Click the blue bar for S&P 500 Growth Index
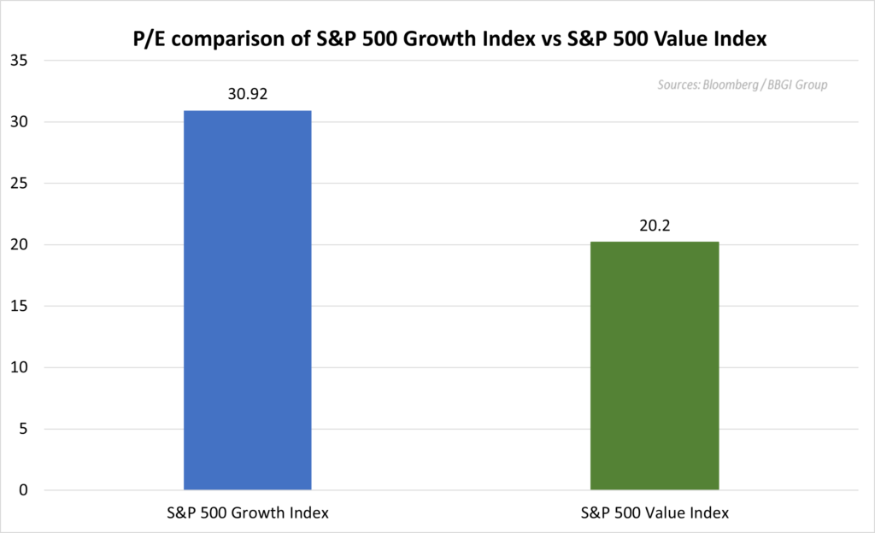coord(247,300)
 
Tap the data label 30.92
coord(248,94)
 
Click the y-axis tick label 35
coord(21,61)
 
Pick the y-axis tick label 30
coord(21,122)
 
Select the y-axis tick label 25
coord(21,184)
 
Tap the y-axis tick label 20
coord(21,245)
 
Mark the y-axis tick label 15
coord(21,307)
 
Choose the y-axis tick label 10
coord(21,368)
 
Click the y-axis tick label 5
coord(25,430)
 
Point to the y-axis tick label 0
coord(25,491)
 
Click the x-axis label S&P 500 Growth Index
coord(248,512)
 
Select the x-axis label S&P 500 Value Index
coord(655,512)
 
